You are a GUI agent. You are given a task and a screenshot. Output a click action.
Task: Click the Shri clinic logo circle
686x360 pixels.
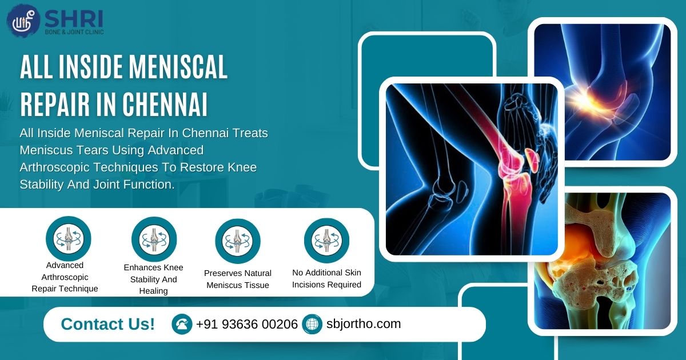tap(23, 21)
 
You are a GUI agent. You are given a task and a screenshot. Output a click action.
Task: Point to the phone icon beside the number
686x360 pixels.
tap(182, 325)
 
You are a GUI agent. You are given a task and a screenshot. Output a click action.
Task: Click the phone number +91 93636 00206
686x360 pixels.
tap(246, 325)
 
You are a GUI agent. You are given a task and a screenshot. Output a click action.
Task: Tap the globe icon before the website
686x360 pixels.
tap(312, 325)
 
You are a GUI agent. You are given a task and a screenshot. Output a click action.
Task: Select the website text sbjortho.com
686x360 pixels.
tap(363, 324)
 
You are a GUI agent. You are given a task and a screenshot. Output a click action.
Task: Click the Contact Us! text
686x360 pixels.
tap(107, 324)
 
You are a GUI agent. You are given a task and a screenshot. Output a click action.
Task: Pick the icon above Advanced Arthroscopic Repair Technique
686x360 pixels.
tap(68, 239)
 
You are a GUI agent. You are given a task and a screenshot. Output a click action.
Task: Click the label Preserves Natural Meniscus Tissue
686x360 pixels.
tap(238, 279)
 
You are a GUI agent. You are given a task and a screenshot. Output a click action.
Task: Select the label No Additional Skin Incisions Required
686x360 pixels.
tap(326, 278)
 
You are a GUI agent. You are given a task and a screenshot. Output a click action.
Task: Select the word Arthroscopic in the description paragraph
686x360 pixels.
tap(55, 168)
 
